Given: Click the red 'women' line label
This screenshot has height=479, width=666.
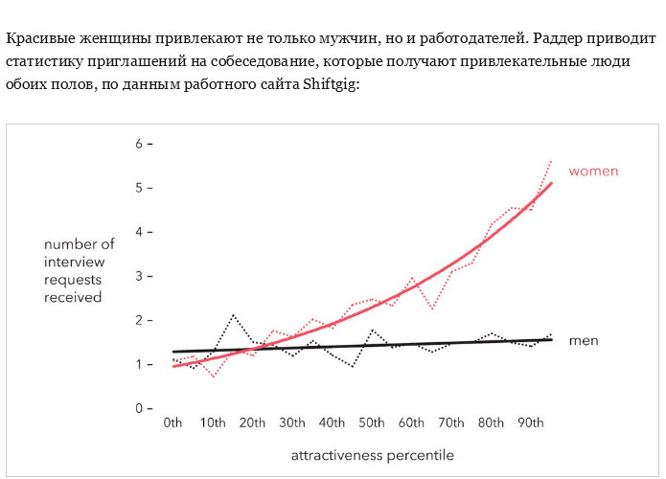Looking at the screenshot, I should tap(593, 171).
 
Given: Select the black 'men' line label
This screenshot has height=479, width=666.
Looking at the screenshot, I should tap(583, 341).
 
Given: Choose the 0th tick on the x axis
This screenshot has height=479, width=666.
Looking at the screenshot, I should tap(173, 422).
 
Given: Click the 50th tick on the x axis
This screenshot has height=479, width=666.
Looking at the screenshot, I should tap(373, 422).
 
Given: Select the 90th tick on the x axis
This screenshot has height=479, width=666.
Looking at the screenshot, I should tap(531, 422).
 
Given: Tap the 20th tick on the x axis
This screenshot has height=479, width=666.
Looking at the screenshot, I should tap(253, 422).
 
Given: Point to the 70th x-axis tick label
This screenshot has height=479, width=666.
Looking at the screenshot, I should tap(451, 422).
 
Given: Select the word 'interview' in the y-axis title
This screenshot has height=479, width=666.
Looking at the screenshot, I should tap(74, 262).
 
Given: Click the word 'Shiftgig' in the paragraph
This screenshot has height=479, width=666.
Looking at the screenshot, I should tap(329, 84).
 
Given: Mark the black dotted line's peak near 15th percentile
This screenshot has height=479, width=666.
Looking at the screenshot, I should tap(233, 314).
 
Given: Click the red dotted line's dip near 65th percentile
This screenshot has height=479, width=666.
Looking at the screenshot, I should tap(433, 308).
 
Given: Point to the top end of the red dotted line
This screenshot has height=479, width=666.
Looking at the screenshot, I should tap(551, 161).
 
